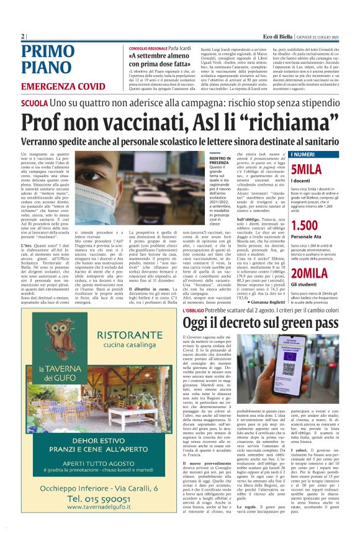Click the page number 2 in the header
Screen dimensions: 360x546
point(22,36)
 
